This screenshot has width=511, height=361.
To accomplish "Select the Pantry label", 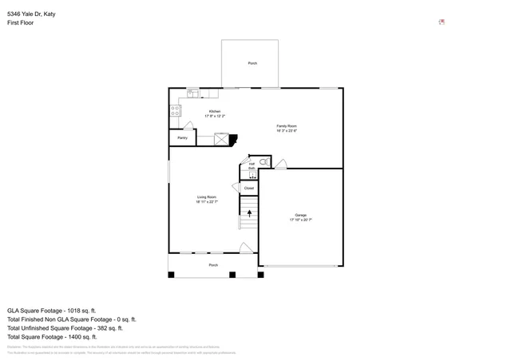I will click(182, 138).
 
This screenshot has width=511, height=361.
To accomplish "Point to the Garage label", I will click(300, 216).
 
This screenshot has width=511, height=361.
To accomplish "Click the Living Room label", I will click(207, 199).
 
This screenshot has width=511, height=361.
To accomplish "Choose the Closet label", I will click(249, 188).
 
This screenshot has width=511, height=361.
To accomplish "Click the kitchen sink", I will click(192, 93).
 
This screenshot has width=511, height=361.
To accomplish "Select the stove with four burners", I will click(175, 112).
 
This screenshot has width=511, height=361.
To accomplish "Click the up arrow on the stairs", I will click(249, 213).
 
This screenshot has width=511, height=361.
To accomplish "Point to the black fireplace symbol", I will click(233, 140).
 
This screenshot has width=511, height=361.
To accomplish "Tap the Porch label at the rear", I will click(252, 63).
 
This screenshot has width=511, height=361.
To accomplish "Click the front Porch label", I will click(213, 264).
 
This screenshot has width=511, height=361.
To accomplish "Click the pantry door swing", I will click(188, 126).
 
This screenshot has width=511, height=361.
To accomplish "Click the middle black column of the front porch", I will click(232, 275).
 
